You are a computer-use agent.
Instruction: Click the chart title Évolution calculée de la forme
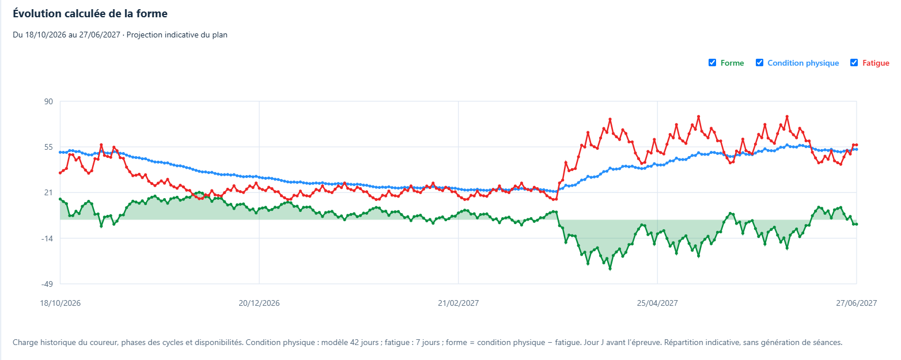tap(90, 14)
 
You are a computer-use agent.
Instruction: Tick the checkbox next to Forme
tap(712, 63)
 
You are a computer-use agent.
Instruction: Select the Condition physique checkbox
tap(759, 63)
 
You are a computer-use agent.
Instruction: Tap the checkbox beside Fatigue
tap(854, 63)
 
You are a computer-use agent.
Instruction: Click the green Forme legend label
tap(732, 63)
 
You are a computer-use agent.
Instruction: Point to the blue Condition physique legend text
tap(803, 63)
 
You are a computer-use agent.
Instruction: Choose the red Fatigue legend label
tap(876, 63)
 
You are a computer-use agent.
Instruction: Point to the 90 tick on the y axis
tap(48, 101)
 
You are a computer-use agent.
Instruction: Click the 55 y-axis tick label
tap(48, 147)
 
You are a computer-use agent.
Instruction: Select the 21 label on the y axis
tap(48, 192)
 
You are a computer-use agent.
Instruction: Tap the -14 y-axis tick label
tap(47, 238)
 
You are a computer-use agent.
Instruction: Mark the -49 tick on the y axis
tap(47, 284)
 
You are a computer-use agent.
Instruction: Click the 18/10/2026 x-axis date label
tap(60, 304)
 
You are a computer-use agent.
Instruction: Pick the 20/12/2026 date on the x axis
tap(259, 304)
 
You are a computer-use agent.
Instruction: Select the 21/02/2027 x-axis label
tap(458, 304)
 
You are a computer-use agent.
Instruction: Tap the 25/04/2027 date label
tap(657, 304)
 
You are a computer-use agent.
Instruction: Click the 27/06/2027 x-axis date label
tap(856, 304)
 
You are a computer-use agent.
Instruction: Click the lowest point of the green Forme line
tap(610, 268)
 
